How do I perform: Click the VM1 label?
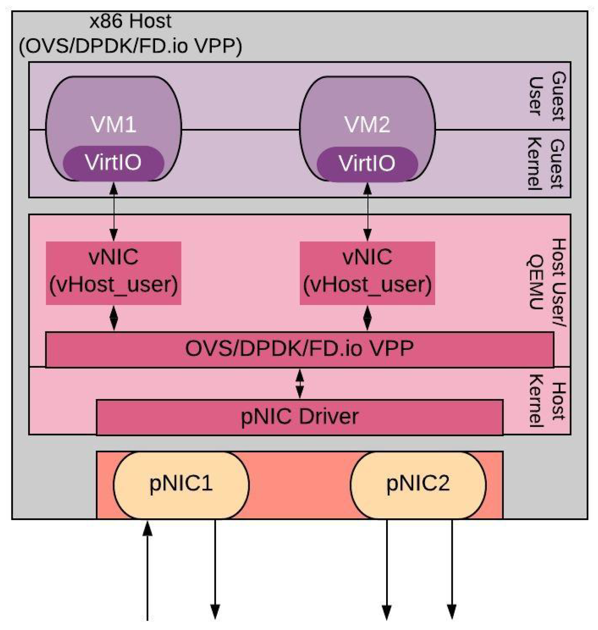(x=113, y=124)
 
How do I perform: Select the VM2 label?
(x=367, y=124)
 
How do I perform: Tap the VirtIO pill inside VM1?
(x=113, y=162)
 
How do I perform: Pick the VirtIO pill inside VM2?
(x=367, y=163)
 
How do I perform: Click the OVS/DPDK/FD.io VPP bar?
(x=299, y=349)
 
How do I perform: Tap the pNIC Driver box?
(x=299, y=417)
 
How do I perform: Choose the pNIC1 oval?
(x=181, y=484)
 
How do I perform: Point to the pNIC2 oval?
(x=418, y=484)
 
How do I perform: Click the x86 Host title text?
(x=130, y=34)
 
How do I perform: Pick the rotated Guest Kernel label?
(x=547, y=163)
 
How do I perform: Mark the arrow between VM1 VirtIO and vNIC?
(x=113, y=211)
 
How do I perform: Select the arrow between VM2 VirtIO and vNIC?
(x=367, y=211)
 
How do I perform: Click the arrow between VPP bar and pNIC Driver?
(x=299, y=384)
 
